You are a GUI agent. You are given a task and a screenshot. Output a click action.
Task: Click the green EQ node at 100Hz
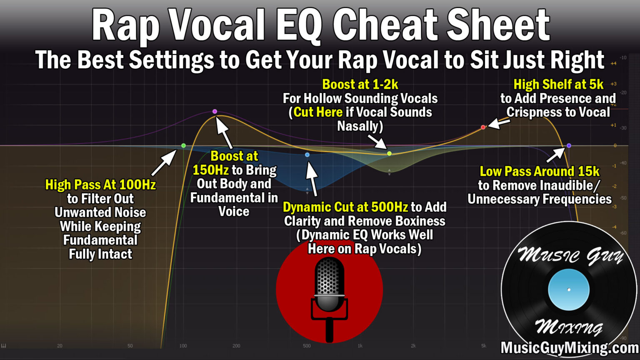183,145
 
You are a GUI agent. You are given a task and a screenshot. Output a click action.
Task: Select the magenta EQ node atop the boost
215,111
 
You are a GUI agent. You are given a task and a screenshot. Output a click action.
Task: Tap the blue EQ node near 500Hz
307,155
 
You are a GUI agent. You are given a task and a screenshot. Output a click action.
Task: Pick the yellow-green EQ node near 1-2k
389,153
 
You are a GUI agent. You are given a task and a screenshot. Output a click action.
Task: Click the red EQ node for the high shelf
483,127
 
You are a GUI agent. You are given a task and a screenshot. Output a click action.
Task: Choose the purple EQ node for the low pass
569,145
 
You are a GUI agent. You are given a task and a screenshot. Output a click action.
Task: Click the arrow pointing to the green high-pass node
164,163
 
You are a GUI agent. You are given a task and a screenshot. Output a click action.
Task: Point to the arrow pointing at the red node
499,123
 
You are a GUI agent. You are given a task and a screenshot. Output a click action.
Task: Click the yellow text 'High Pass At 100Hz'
100,185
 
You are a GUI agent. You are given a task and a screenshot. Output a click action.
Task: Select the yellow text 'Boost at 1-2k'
360,85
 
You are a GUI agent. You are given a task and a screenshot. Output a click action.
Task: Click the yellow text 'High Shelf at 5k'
558,85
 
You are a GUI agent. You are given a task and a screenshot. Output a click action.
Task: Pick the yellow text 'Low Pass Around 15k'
540,171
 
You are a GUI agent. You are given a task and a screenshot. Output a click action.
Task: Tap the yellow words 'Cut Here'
318,112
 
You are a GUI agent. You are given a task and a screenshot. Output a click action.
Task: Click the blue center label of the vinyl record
569,290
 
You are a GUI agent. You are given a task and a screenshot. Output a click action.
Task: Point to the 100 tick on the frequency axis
183,346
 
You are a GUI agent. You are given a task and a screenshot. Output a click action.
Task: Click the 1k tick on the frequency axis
360,346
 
